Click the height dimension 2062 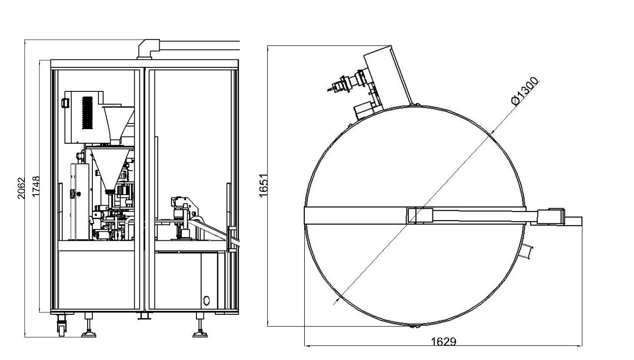20,188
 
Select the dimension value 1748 36,187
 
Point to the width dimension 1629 443,341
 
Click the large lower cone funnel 111,167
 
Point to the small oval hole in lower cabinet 206,300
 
